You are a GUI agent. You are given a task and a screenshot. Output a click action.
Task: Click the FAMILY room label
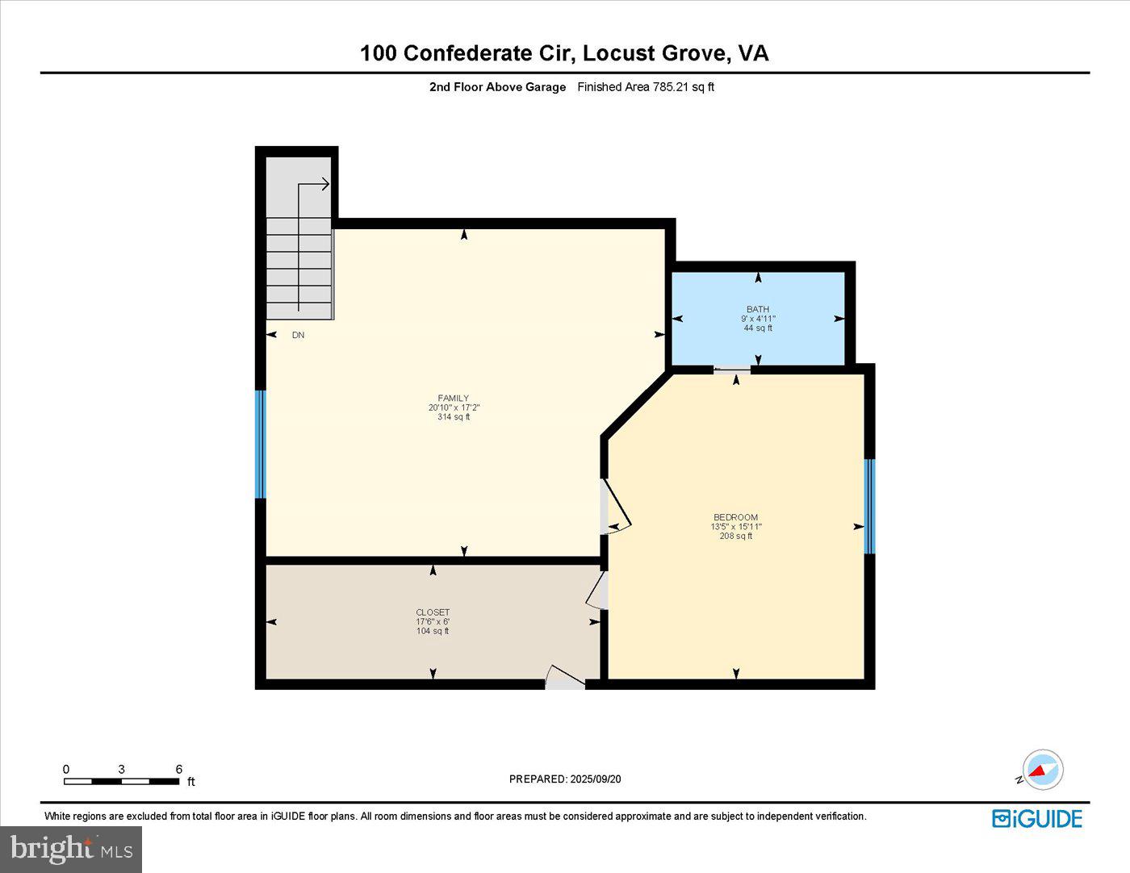click(x=453, y=398)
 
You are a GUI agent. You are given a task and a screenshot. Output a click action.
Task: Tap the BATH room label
click(x=757, y=309)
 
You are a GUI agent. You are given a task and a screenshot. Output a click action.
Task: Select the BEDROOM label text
click(x=735, y=517)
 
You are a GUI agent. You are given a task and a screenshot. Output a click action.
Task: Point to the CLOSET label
click(x=433, y=612)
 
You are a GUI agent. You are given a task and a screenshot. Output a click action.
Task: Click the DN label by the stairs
click(x=298, y=335)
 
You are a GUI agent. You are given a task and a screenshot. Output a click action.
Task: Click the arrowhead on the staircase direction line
click(x=325, y=185)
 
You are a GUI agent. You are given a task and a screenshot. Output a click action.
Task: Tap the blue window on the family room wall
click(x=260, y=445)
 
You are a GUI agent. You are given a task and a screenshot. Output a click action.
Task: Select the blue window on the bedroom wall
click(x=869, y=506)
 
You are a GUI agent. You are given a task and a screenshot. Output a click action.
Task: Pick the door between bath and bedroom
click(x=732, y=370)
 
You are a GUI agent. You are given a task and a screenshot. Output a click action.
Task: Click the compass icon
click(x=1042, y=770)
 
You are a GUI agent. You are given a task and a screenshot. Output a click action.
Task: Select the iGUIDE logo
click(x=1037, y=818)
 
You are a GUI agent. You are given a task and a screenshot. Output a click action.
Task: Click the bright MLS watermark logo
click(x=71, y=849)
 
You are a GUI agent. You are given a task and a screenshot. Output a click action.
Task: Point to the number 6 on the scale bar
click(x=179, y=769)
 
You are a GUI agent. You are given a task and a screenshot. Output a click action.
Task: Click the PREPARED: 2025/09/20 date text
click(x=565, y=779)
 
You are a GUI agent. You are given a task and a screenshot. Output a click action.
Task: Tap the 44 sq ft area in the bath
click(x=757, y=328)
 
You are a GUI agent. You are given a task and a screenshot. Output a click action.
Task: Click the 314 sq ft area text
click(x=453, y=417)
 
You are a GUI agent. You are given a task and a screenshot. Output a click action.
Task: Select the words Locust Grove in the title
click(x=655, y=53)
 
